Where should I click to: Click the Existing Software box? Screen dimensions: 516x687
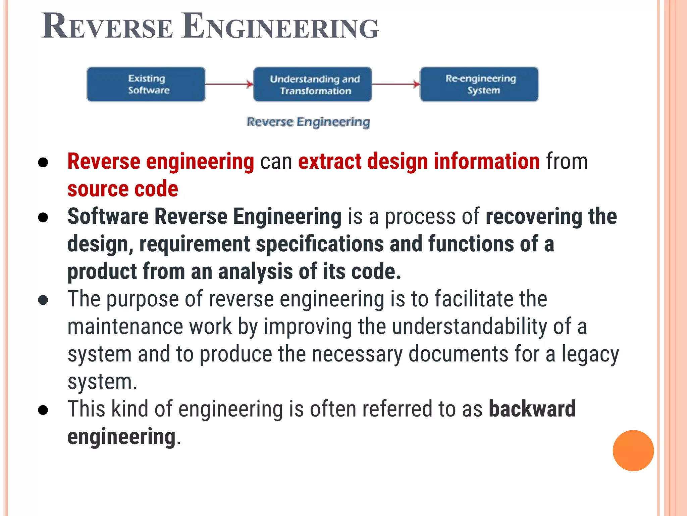coord(146,84)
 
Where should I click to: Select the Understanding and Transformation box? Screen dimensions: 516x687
coord(313,84)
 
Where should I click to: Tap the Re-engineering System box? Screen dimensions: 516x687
coord(479,84)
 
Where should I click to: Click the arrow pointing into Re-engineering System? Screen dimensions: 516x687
coord(396,84)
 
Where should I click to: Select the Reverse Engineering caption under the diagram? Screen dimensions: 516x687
coord(308,122)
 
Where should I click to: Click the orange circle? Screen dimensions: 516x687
coord(633,450)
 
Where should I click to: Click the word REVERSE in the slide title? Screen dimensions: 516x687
coord(107,27)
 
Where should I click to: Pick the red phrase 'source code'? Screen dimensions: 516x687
coord(123,189)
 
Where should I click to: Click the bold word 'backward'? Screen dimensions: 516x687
coord(532,409)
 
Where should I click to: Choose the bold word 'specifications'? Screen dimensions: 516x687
coord(320,244)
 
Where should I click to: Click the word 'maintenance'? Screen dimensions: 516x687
coord(125,327)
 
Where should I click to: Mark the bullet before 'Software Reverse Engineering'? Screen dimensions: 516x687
coord(43,217)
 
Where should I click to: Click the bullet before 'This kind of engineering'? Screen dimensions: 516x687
coord(43,410)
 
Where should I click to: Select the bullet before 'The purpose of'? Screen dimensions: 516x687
coord(43,300)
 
